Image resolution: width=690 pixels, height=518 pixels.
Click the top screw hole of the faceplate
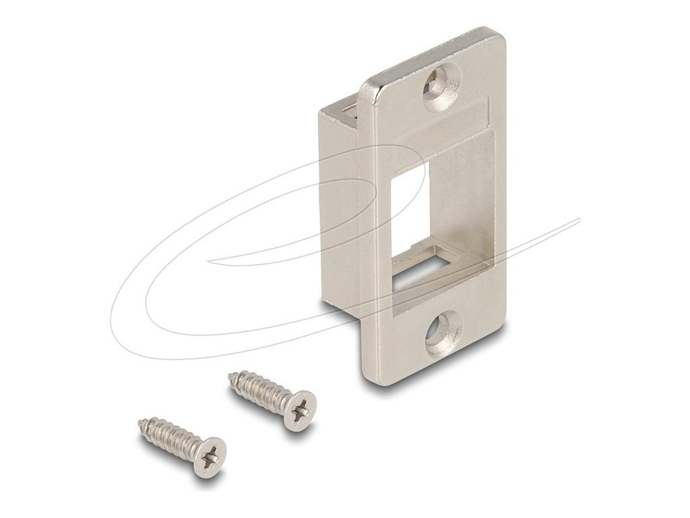pyautogui.click(x=441, y=87)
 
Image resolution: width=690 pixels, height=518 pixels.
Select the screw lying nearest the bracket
pyautogui.click(x=273, y=399)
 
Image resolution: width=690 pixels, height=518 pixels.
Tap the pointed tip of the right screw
pyautogui.click(x=231, y=375)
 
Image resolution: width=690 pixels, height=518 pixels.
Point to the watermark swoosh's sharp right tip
pyautogui.click(x=578, y=219)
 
